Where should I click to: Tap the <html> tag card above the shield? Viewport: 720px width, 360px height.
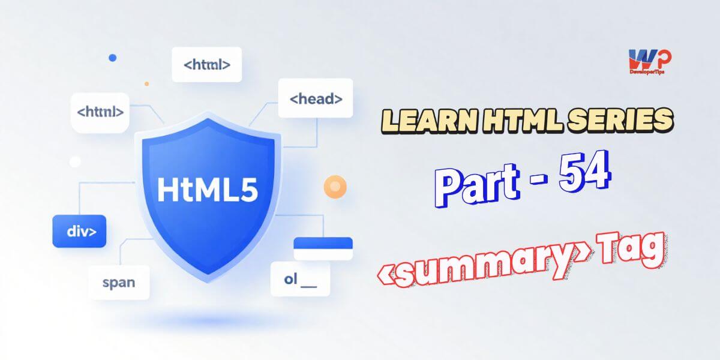point(206,64)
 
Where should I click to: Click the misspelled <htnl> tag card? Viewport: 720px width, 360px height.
point(100,112)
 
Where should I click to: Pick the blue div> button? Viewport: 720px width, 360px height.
point(79,231)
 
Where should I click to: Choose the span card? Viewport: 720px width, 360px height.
point(118,282)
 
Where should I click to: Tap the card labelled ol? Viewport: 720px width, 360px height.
point(300,279)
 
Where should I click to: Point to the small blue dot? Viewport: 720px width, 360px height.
point(112,58)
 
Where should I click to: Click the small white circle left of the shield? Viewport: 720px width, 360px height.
point(75,161)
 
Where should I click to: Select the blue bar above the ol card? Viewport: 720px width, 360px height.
point(322,243)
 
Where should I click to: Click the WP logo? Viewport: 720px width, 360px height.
point(650,59)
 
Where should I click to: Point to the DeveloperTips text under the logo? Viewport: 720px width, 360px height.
point(650,70)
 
